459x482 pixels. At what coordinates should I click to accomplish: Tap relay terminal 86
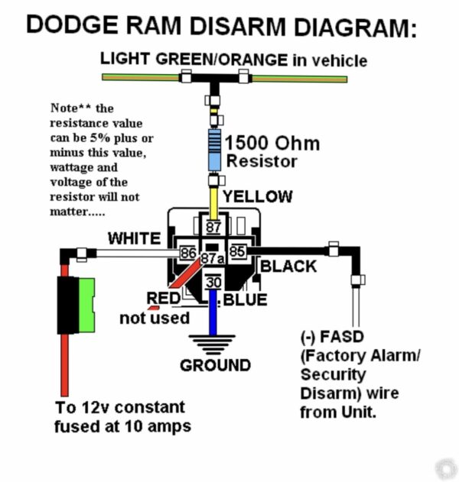187,251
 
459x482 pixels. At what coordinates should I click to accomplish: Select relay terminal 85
237,251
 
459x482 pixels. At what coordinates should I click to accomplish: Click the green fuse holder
76,305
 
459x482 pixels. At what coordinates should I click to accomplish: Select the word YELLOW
257,197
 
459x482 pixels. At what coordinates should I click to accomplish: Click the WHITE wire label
134,238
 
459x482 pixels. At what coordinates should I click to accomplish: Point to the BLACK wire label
288,266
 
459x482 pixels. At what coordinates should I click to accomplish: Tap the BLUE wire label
245,299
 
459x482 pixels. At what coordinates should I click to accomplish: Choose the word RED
163,298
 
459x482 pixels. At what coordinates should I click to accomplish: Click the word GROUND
215,365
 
